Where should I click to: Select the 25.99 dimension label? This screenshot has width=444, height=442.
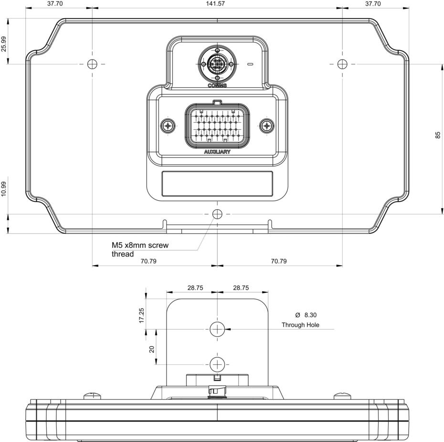(x=4, y=44)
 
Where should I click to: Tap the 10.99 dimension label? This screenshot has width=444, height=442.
(x=4, y=189)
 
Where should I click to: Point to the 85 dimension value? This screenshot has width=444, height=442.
(x=438, y=135)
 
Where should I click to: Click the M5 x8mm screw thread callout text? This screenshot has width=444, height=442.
(x=140, y=249)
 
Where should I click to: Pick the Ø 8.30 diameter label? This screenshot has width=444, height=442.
(x=306, y=315)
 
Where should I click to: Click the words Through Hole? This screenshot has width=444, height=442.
(x=300, y=325)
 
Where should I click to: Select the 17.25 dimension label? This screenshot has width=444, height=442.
(x=142, y=315)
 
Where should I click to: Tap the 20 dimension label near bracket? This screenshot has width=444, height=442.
(x=152, y=349)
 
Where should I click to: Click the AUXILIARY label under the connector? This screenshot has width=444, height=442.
(x=217, y=152)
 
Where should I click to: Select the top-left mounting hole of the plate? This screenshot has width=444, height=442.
(x=93, y=64)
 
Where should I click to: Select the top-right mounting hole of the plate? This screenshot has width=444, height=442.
(x=342, y=64)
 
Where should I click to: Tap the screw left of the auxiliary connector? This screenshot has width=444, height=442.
(x=168, y=126)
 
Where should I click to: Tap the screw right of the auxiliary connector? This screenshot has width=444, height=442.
(x=266, y=126)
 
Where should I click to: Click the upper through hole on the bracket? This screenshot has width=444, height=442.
(x=217, y=329)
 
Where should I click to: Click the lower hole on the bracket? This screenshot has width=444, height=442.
(x=217, y=364)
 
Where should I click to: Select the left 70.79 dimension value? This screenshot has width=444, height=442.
(x=148, y=261)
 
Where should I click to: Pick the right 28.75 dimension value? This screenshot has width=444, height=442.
(x=241, y=288)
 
